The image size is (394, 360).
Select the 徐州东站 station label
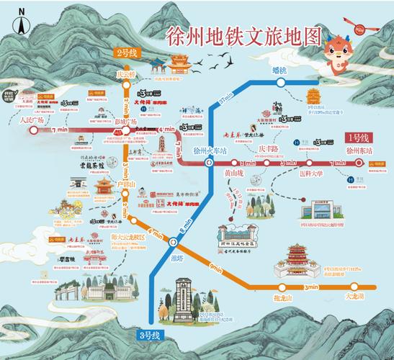pyautogui.click(x=359, y=152)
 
